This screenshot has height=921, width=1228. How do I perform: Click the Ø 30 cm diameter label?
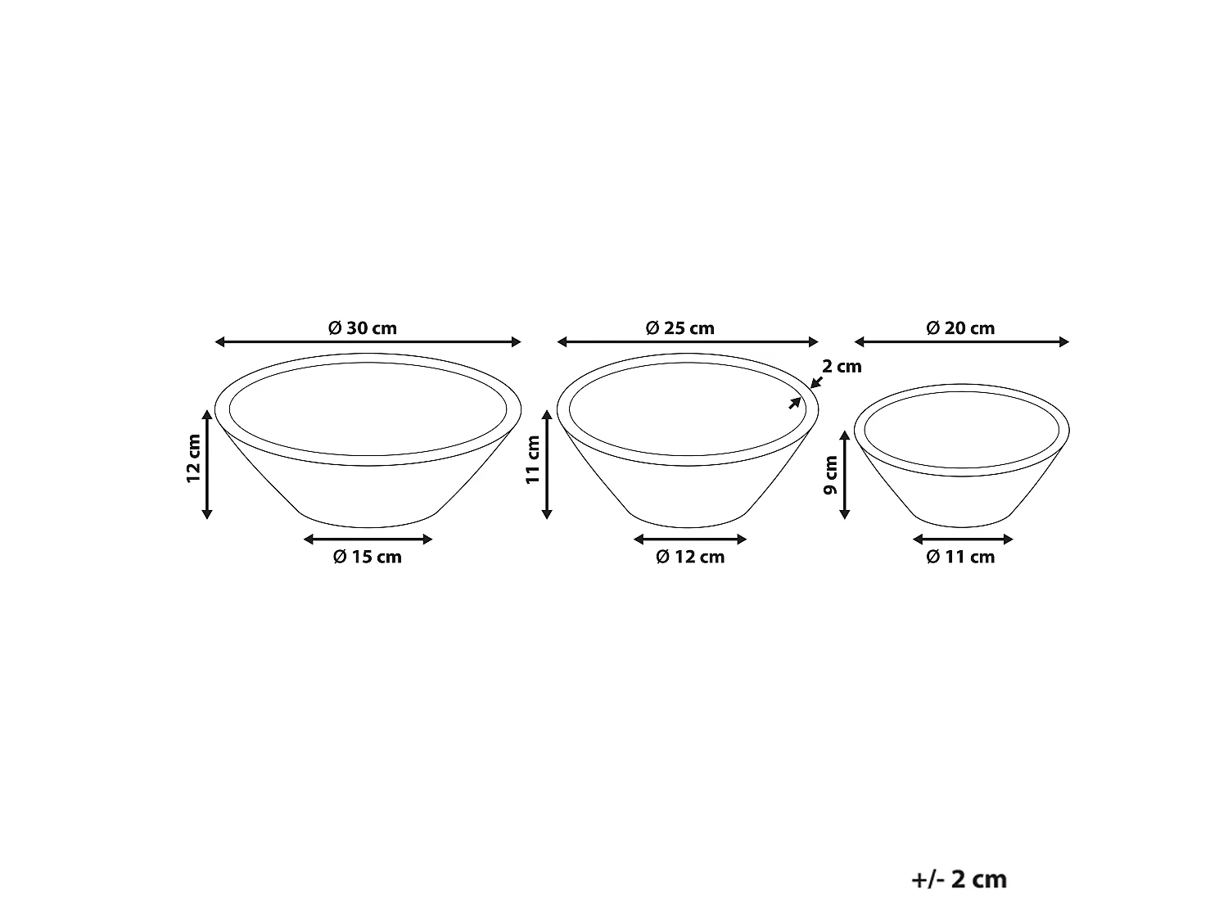[363, 327]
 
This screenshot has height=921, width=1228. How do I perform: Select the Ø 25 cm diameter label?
[679, 327]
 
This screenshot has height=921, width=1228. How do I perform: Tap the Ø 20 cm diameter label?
[960, 327]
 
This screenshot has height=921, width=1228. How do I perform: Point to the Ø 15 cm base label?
[368, 557]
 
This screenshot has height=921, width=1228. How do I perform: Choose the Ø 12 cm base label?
[690, 557]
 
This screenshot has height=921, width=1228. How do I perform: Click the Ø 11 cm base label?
[960, 557]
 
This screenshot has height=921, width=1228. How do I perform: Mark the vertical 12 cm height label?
[193, 458]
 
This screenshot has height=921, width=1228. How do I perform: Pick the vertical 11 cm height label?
[533, 459]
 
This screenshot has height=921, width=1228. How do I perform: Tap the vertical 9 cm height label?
[831, 475]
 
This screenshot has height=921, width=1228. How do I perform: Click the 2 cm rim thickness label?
[842, 366]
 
